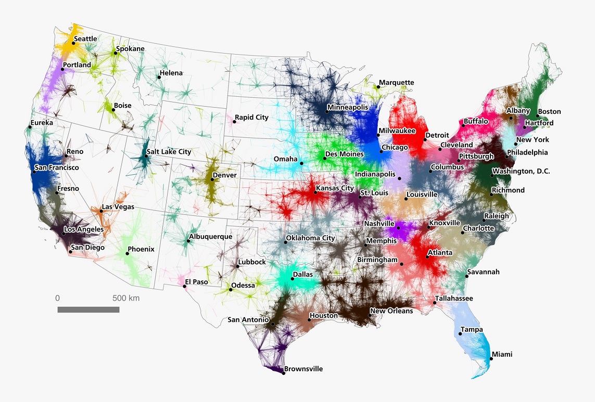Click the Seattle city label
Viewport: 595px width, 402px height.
tap(85, 39)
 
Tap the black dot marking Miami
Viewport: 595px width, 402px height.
tap(491, 359)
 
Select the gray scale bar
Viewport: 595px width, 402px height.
tap(88, 309)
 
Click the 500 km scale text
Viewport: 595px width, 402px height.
tap(126, 299)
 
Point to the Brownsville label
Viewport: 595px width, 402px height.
tap(304, 369)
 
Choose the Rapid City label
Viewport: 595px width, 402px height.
tap(251, 118)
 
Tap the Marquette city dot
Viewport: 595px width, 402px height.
tap(377, 87)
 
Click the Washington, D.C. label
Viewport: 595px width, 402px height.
tap(521, 171)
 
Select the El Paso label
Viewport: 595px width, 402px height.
tap(197, 282)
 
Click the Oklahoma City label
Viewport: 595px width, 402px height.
tap(310, 238)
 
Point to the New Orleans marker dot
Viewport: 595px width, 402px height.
tap(370, 315)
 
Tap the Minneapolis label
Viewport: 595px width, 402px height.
tap(347, 108)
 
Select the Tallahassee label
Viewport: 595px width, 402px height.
tap(455, 299)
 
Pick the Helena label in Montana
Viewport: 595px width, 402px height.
tap(171, 73)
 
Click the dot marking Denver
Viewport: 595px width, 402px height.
tap(212, 179)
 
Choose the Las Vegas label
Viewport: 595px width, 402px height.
tap(118, 207)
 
